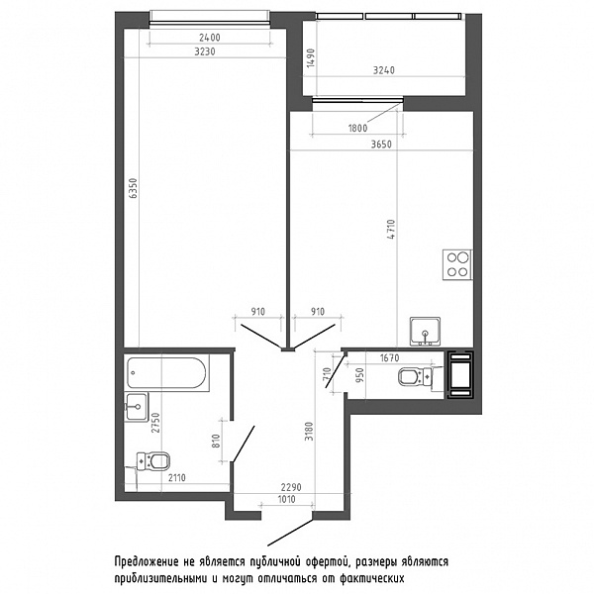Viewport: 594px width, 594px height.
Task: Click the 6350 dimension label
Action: (x=133, y=188)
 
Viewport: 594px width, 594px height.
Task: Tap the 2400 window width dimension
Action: (x=210, y=38)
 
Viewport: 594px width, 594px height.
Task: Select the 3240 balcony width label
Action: (x=384, y=70)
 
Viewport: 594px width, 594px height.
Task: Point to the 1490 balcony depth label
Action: (x=311, y=58)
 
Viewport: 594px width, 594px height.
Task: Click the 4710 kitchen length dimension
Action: (x=392, y=230)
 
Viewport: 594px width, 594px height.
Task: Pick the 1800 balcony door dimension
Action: (x=358, y=128)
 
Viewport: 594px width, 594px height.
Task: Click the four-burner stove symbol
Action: (x=457, y=264)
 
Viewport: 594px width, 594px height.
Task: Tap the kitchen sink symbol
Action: (x=425, y=332)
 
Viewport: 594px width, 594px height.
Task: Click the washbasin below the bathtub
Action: (x=137, y=407)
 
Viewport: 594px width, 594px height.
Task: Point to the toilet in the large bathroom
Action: (x=152, y=461)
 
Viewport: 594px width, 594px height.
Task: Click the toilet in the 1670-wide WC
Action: (x=416, y=377)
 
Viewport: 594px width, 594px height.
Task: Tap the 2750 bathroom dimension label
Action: (x=156, y=423)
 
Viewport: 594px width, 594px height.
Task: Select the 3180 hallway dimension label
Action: (x=310, y=431)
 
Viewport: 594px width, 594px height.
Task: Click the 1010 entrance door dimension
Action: (x=286, y=499)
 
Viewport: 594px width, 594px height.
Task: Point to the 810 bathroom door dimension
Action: (x=216, y=441)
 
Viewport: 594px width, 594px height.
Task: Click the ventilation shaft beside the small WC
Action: (x=460, y=375)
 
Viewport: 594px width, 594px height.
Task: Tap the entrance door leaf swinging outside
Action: (x=290, y=533)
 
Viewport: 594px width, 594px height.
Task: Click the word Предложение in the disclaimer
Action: (x=146, y=562)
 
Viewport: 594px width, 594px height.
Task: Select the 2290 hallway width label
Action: (x=291, y=487)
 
